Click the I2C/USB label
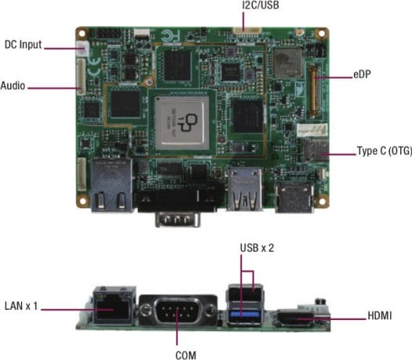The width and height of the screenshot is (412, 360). click(261, 5)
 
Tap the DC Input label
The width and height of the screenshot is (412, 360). click(23, 45)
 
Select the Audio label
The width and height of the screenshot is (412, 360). click(13, 85)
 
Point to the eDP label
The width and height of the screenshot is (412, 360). click(362, 75)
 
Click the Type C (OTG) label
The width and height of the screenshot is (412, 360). click(385, 151)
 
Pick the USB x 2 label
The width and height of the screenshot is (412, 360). click(257, 248)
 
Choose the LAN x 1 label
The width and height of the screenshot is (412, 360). click(21, 306)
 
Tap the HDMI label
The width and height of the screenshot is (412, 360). click(379, 315)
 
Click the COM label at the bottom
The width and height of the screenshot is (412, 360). click(186, 355)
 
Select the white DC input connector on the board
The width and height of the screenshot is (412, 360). click(82, 49)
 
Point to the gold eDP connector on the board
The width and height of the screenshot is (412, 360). click(313, 91)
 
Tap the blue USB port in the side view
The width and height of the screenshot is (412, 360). click(245, 314)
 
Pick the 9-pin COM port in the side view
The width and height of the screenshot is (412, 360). click(177, 311)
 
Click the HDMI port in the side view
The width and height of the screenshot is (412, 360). click(295, 318)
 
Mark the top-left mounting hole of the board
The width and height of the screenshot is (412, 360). click(82, 34)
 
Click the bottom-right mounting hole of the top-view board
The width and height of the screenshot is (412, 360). click(322, 202)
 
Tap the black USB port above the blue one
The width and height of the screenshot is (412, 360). click(245, 293)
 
